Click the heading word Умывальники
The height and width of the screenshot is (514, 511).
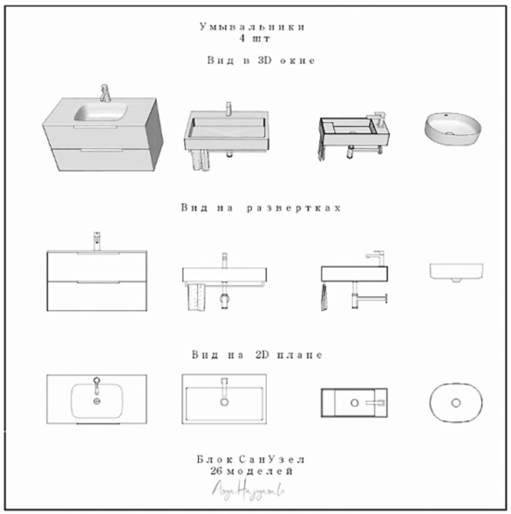(x=252, y=27)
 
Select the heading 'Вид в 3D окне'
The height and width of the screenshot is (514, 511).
(x=261, y=61)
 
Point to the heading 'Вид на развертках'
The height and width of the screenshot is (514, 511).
(x=261, y=208)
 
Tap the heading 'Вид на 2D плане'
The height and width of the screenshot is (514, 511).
(x=257, y=355)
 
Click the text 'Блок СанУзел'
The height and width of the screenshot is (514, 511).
(x=251, y=460)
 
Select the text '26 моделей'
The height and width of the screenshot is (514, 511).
(x=251, y=471)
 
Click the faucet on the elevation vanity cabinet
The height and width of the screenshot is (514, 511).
(x=97, y=240)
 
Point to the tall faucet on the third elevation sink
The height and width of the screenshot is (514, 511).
(x=378, y=258)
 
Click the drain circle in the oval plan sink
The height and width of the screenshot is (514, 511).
(x=456, y=403)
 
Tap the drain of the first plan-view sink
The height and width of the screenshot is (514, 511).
(x=97, y=401)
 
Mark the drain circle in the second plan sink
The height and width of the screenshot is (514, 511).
(x=224, y=402)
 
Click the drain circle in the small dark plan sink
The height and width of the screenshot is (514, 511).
(x=354, y=403)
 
